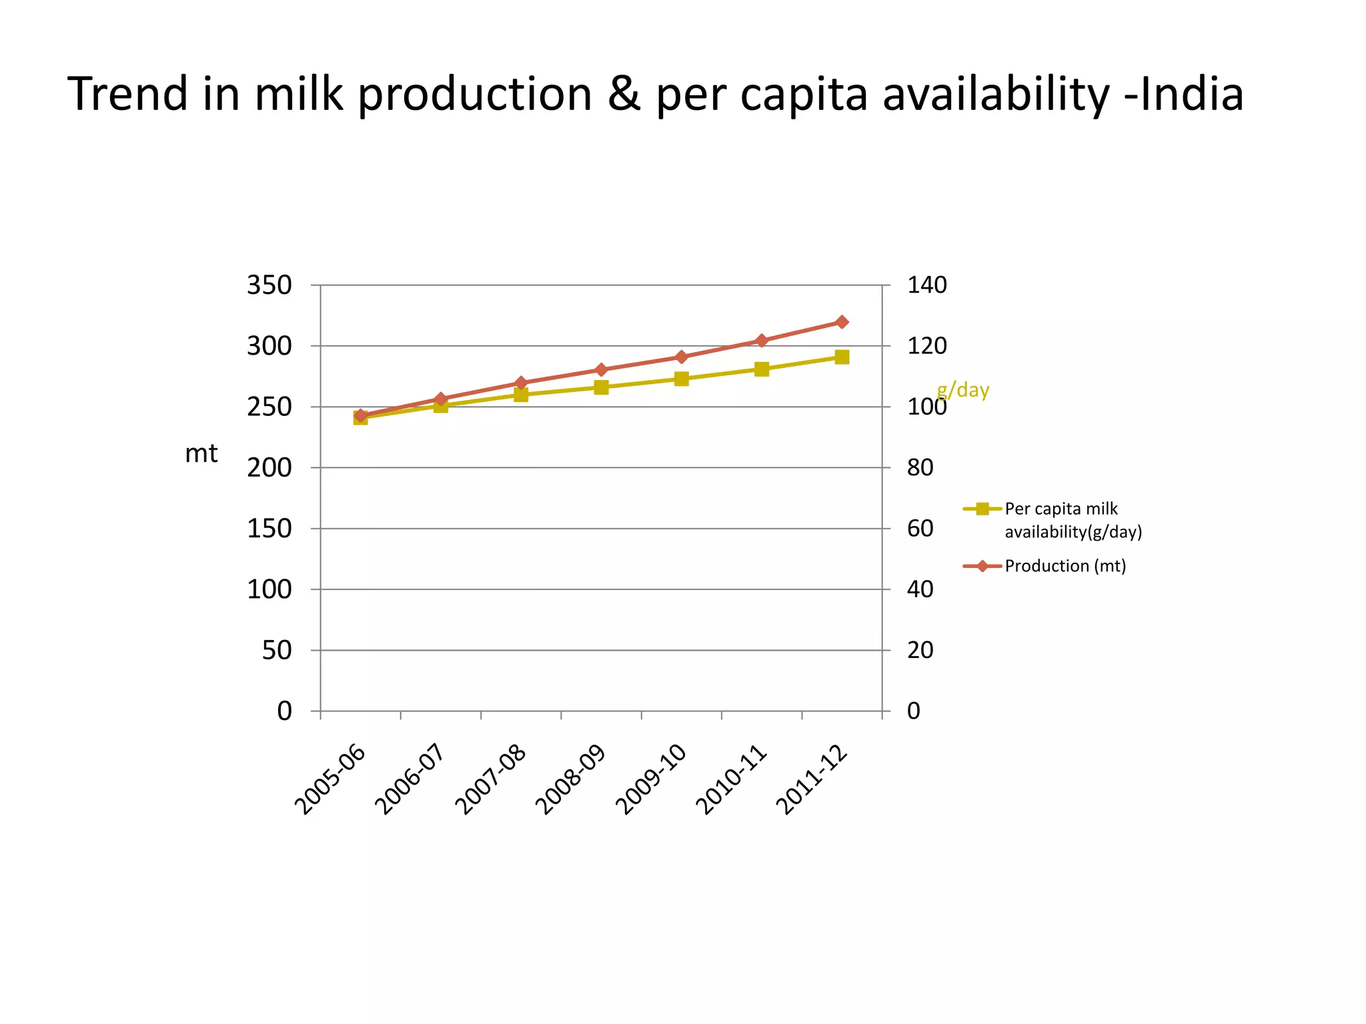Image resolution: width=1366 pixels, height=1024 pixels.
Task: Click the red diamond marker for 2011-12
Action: point(842,322)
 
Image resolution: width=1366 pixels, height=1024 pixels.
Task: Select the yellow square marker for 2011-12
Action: point(842,357)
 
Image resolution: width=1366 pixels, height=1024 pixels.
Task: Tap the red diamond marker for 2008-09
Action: point(601,370)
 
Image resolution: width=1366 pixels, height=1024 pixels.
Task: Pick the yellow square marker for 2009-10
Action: point(681,379)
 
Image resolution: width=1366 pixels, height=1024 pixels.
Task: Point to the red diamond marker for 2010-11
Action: point(762,341)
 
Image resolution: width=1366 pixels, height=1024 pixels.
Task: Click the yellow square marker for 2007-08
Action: point(521,395)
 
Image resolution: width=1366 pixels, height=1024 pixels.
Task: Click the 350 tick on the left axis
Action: point(269,285)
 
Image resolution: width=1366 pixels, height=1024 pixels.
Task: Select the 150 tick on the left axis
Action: point(269,529)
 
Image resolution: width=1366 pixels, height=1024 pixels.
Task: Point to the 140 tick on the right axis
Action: point(926,285)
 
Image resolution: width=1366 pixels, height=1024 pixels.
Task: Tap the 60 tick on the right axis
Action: point(920,529)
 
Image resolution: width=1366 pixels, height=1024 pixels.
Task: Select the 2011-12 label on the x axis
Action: point(812,780)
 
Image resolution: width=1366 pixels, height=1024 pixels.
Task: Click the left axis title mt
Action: point(201,454)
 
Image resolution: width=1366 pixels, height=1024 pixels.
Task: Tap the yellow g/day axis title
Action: point(962,389)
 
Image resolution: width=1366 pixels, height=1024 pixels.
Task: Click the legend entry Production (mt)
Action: point(1065,566)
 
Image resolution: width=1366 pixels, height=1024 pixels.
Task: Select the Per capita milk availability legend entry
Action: point(1072,520)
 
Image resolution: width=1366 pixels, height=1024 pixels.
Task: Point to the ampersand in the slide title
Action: point(624,94)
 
